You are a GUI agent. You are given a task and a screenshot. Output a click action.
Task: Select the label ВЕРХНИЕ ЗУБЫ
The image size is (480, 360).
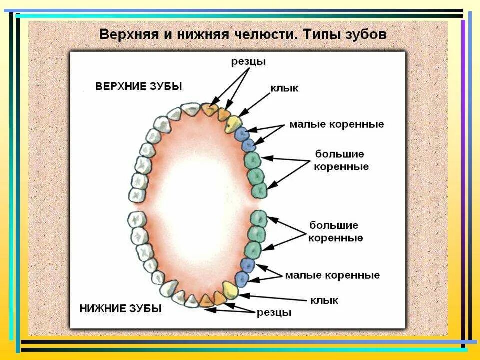139,86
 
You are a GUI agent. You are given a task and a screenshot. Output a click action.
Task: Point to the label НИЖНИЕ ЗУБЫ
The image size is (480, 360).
120,308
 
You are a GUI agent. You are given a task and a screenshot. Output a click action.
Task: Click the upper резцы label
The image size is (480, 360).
248,61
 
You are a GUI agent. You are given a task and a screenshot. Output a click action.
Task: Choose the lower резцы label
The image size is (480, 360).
274,313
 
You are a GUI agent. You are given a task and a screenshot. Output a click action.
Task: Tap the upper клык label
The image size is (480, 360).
284,88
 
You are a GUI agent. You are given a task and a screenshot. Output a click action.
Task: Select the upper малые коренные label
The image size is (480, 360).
336,124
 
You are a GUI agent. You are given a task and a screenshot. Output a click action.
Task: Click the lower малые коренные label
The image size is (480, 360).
332,275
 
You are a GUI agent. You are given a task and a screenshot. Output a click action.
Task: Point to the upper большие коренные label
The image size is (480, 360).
339,160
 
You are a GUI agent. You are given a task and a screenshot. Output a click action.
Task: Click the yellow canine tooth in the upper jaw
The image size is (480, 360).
233,123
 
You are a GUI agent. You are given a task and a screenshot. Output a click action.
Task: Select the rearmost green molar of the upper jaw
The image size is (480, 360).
260,190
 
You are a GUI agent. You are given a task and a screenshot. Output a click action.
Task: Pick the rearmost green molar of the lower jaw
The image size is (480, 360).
258,219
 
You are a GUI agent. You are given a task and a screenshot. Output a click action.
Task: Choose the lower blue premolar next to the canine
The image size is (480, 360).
243,278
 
